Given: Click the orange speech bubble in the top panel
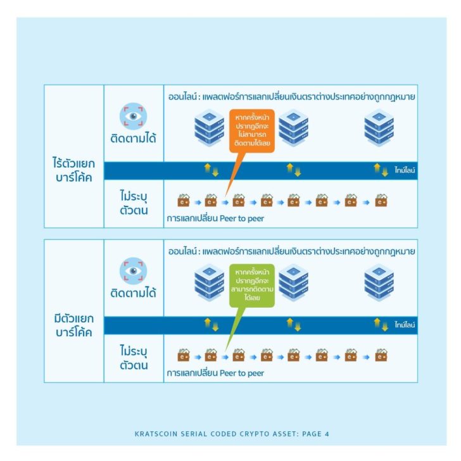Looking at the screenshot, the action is (x=251, y=131).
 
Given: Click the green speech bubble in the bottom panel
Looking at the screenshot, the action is (x=251, y=286).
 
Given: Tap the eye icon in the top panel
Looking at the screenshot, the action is (x=133, y=116).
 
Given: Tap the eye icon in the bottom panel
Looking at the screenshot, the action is (x=133, y=271).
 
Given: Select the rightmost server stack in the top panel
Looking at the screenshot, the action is (x=379, y=128).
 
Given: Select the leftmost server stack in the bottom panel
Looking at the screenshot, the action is (x=210, y=282).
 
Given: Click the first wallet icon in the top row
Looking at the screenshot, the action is (x=184, y=200).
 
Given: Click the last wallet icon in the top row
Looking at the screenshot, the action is (x=381, y=200).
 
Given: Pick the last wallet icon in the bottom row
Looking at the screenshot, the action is (x=381, y=355).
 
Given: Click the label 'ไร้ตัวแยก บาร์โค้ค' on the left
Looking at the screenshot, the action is (x=74, y=170).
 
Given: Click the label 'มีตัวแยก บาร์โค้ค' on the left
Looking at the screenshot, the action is (x=74, y=325).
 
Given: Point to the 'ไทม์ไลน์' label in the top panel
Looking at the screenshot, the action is (x=405, y=170).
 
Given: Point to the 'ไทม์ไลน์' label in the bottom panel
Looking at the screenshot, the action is (x=405, y=325).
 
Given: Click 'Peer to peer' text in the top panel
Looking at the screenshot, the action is (x=242, y=218).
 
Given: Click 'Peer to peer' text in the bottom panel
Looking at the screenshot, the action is (x=242, y=373).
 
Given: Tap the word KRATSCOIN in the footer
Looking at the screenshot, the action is (x=156, y=434).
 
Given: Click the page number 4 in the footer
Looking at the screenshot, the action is (x=327, y=434).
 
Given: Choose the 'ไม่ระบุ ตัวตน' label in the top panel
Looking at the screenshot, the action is (x=134, y=203).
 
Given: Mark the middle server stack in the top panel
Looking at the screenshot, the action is (x=293, y=128).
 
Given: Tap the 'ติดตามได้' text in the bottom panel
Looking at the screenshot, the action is (x=133, y=293).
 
